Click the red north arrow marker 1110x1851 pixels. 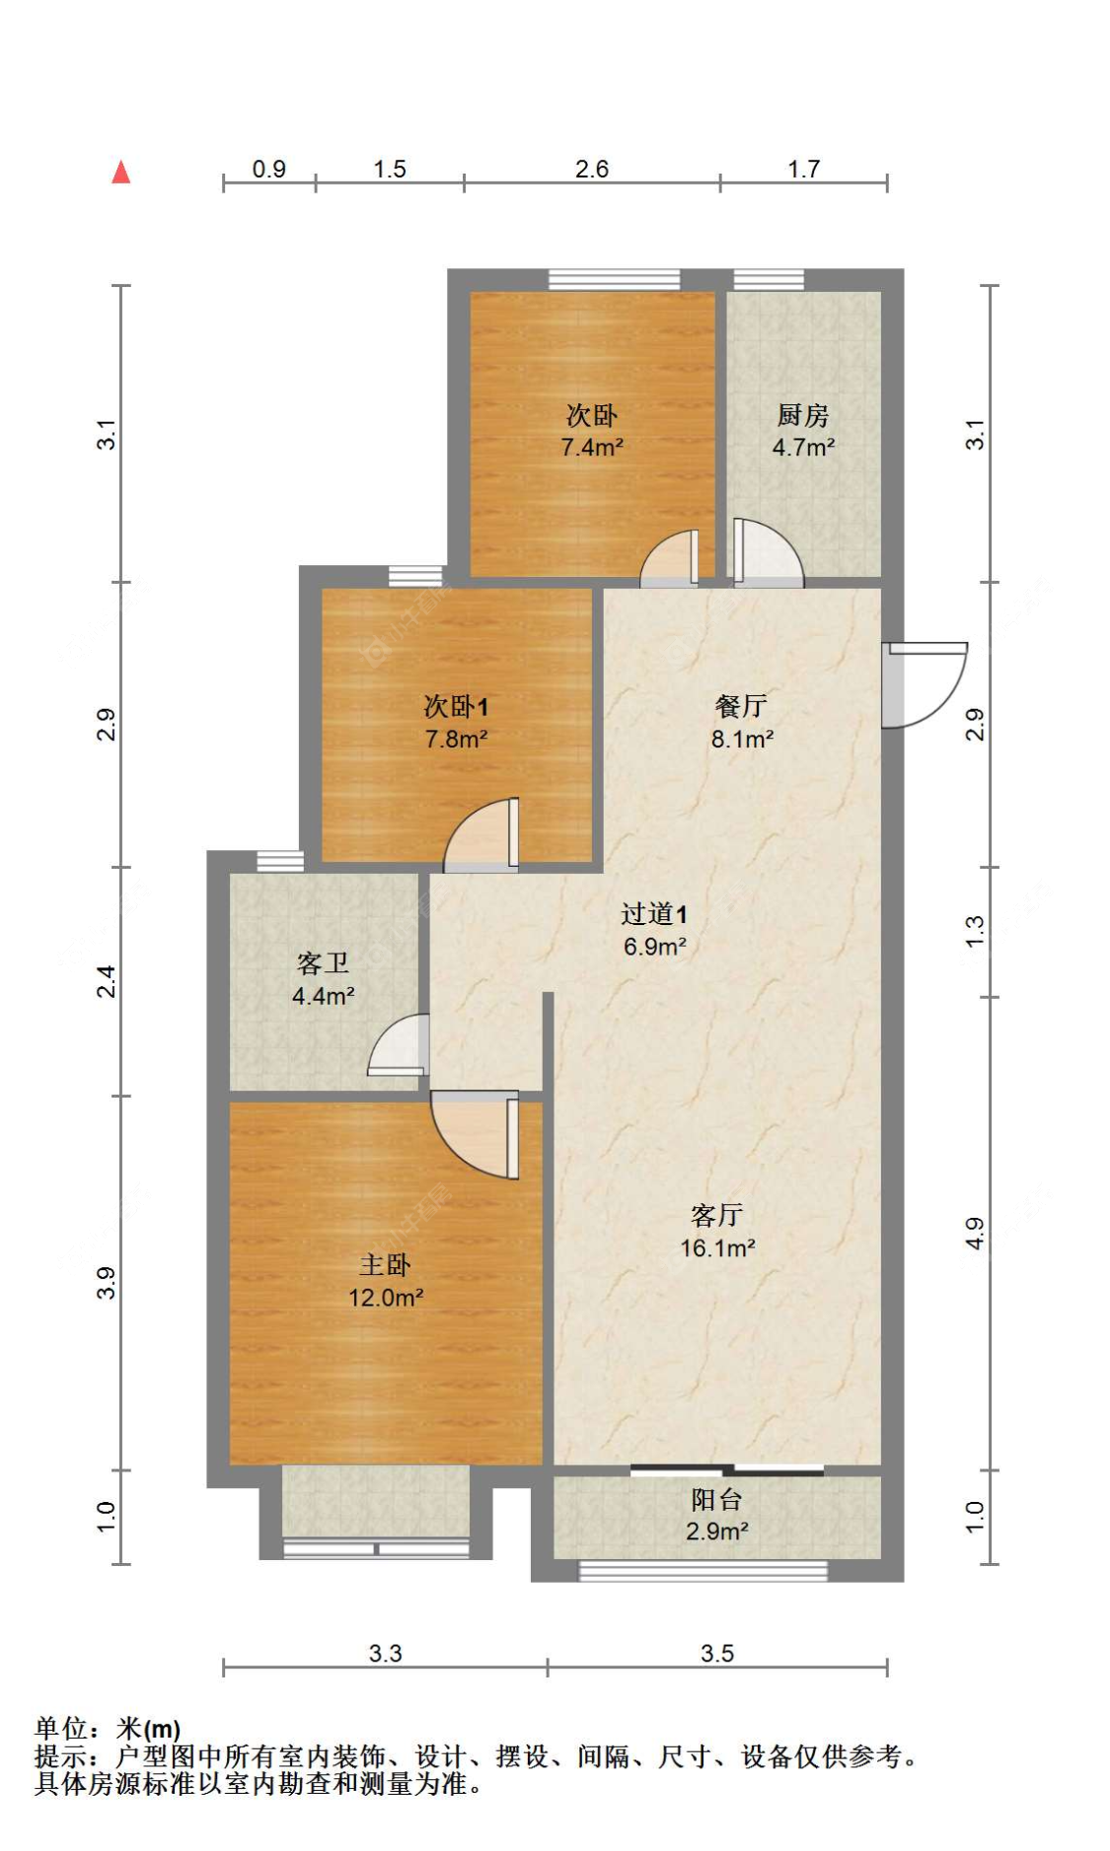[x=121, y=173]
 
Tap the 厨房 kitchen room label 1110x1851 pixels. [x=802, y=415]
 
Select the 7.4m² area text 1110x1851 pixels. [x=592, y=448]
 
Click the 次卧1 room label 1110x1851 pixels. [x=456, y=706]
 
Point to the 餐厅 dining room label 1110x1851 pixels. [x=741, y=706]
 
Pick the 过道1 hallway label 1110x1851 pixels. [x=654, y=914]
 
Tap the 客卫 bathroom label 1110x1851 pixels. [x=323, y=962]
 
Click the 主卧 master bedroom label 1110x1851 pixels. [x=385, y=1264]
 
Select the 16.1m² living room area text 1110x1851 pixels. [x=717, y=1248]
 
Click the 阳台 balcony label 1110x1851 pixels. [x=716, y=1500]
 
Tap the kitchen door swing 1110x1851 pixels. [x=768, y=553]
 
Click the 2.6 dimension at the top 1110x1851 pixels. [x=592, y=170]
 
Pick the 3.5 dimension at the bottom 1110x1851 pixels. [x=717, y=1654]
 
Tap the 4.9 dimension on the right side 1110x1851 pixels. [x=975, y=1234]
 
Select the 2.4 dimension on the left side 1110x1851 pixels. [x=107, y=981]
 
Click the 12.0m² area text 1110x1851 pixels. [x=386, y=1298]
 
